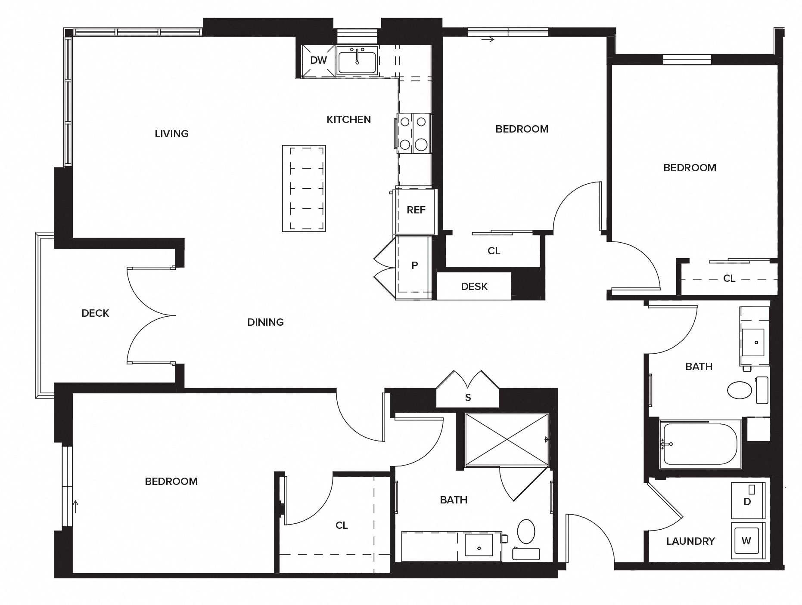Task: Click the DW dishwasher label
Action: pos(318,60)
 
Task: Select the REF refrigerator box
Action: pos(415,210)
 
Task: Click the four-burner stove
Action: pos(413,133)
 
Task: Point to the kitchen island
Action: pos(304,188)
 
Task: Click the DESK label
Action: pos(474,287)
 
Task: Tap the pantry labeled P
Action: pos(414,265)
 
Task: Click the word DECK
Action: pos(95,313)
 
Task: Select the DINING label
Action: pos(265,322)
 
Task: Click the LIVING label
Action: pos(171,134)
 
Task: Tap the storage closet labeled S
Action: pos(468,398)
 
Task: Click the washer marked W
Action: pos(746,540)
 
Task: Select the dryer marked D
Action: pos(748,501)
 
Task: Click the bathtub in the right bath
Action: pos(700,444)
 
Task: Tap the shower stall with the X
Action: pos(507,440)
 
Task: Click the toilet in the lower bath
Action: pos(526,532)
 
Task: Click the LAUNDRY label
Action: pos(690,541)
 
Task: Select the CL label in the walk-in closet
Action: pos(342,525)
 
